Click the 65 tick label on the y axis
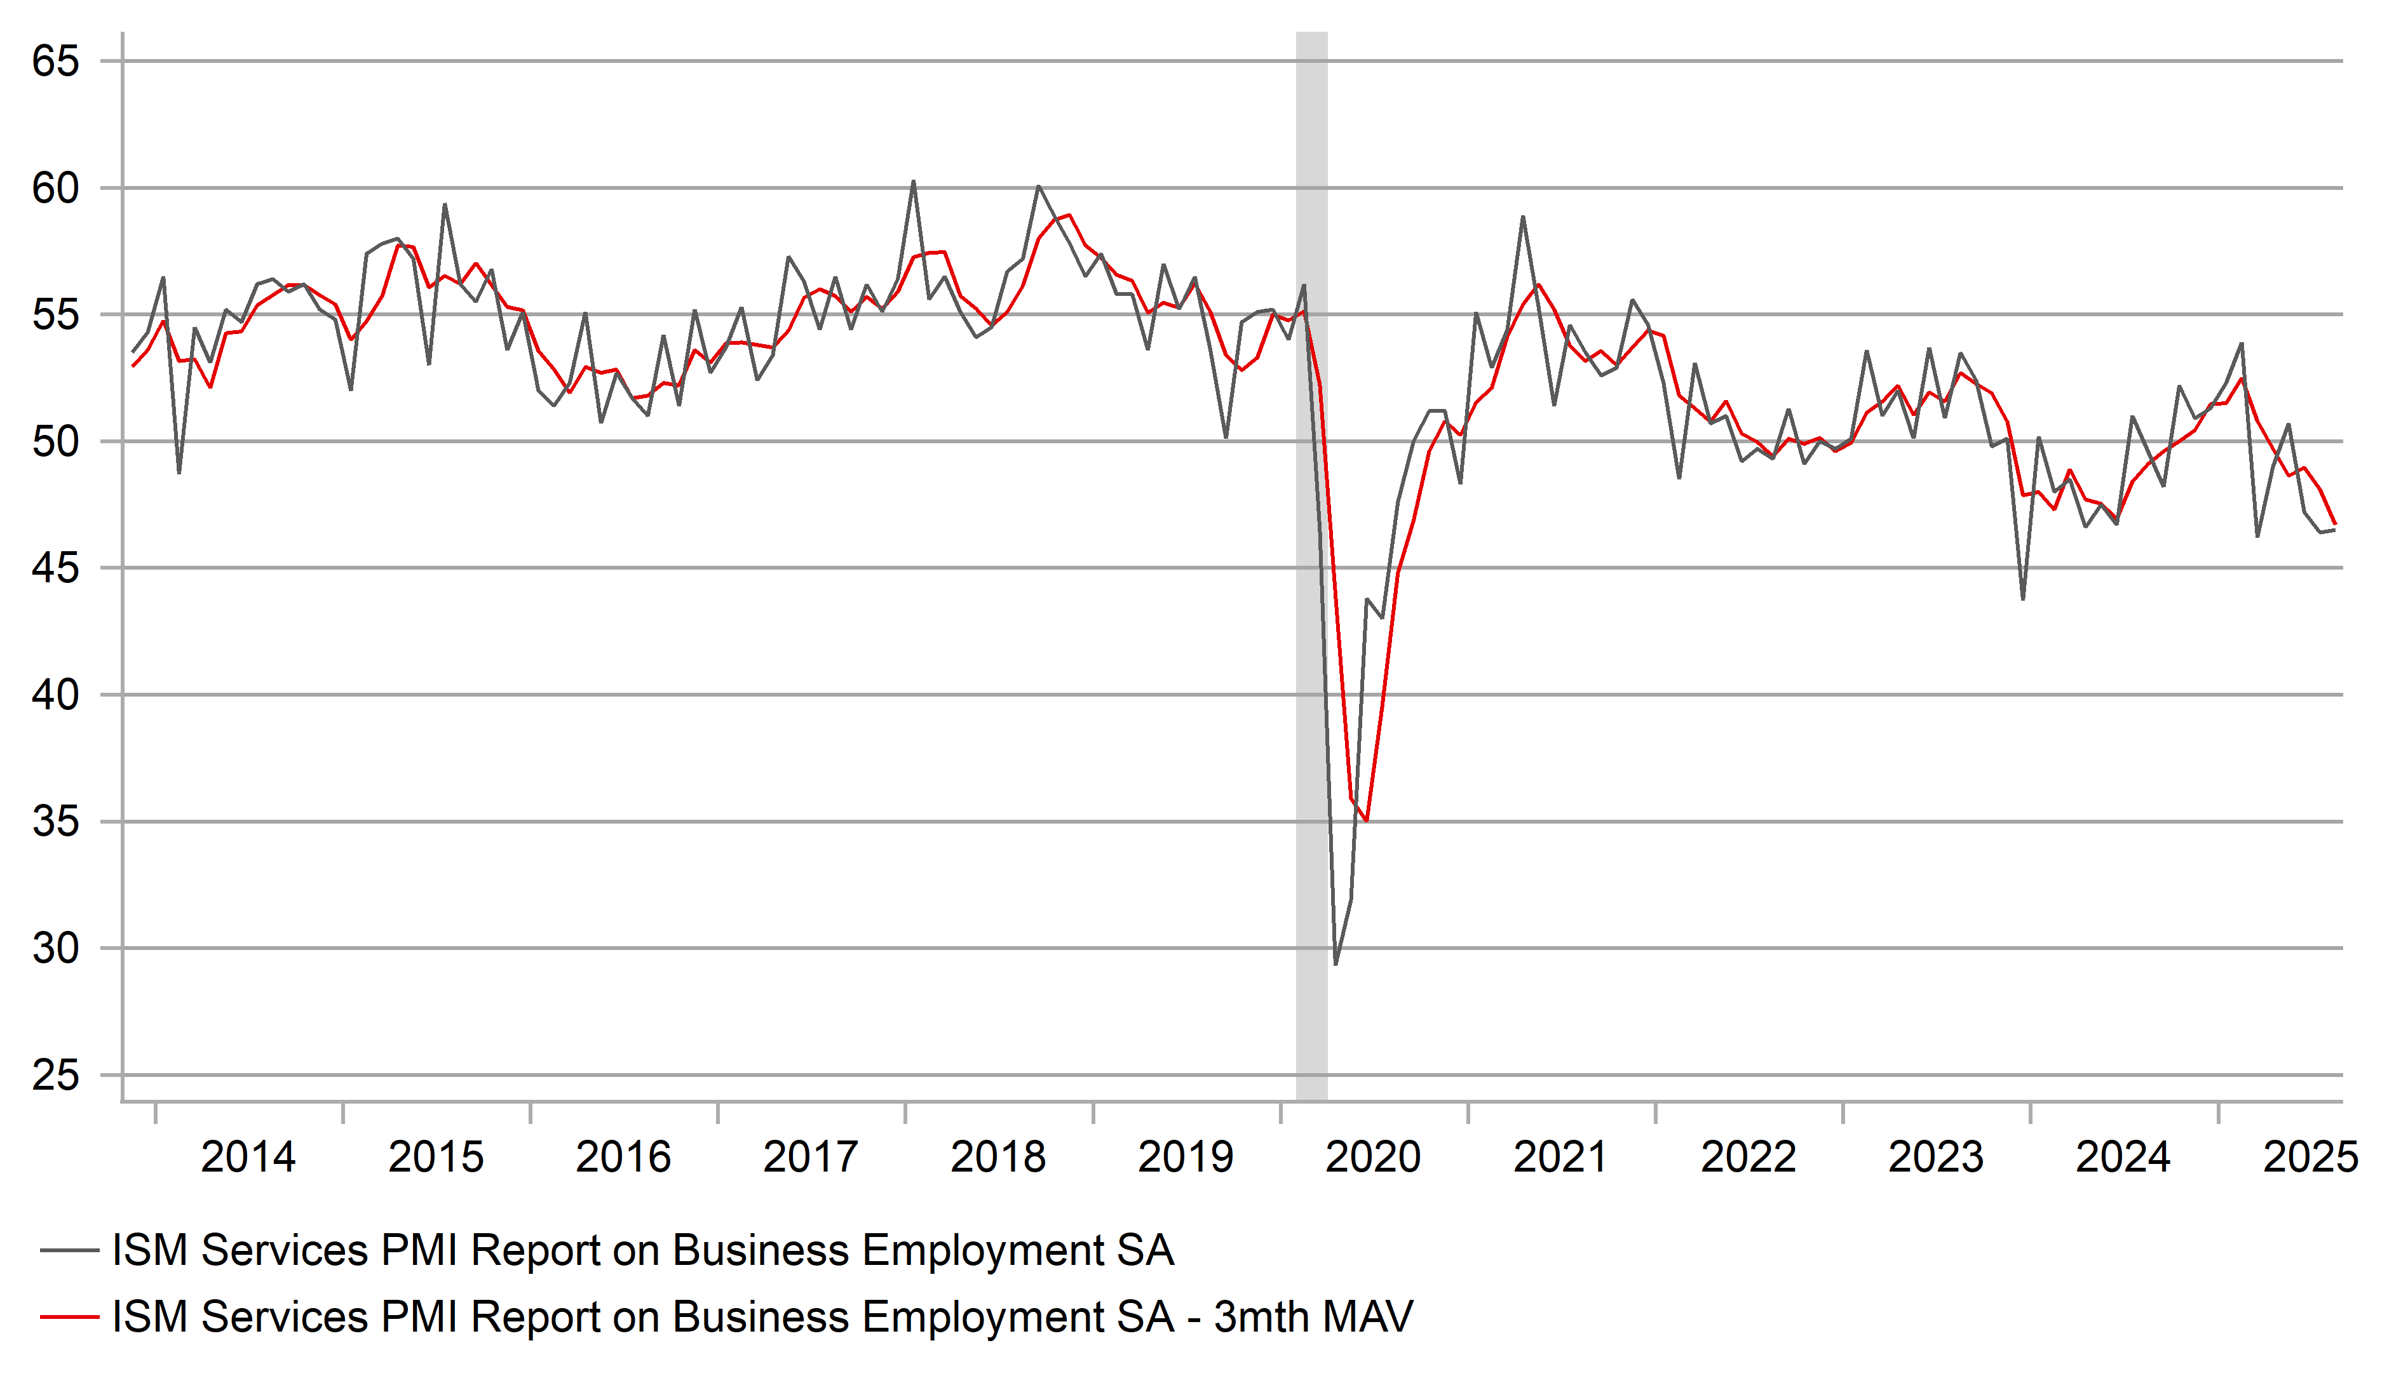coord(55,62)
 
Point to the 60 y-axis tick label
coord(55,188)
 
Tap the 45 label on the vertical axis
coord(55,568)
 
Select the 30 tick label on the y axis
coord(55,948)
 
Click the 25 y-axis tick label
coord(55,1075)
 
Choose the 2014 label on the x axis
coord(248,1157)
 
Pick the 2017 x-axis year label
coord(810,1157)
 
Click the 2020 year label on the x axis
coord(1373,1157)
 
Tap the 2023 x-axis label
coord(1935,1157)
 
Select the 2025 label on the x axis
coord(2310,1157)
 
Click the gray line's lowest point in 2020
coord(1336,964)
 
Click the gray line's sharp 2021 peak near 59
coord(1523,217)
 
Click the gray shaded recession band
coord(1312,570)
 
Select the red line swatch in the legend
coord(69,1317)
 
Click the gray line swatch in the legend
coord(69,1251)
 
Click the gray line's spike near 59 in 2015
coord(445,204)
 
